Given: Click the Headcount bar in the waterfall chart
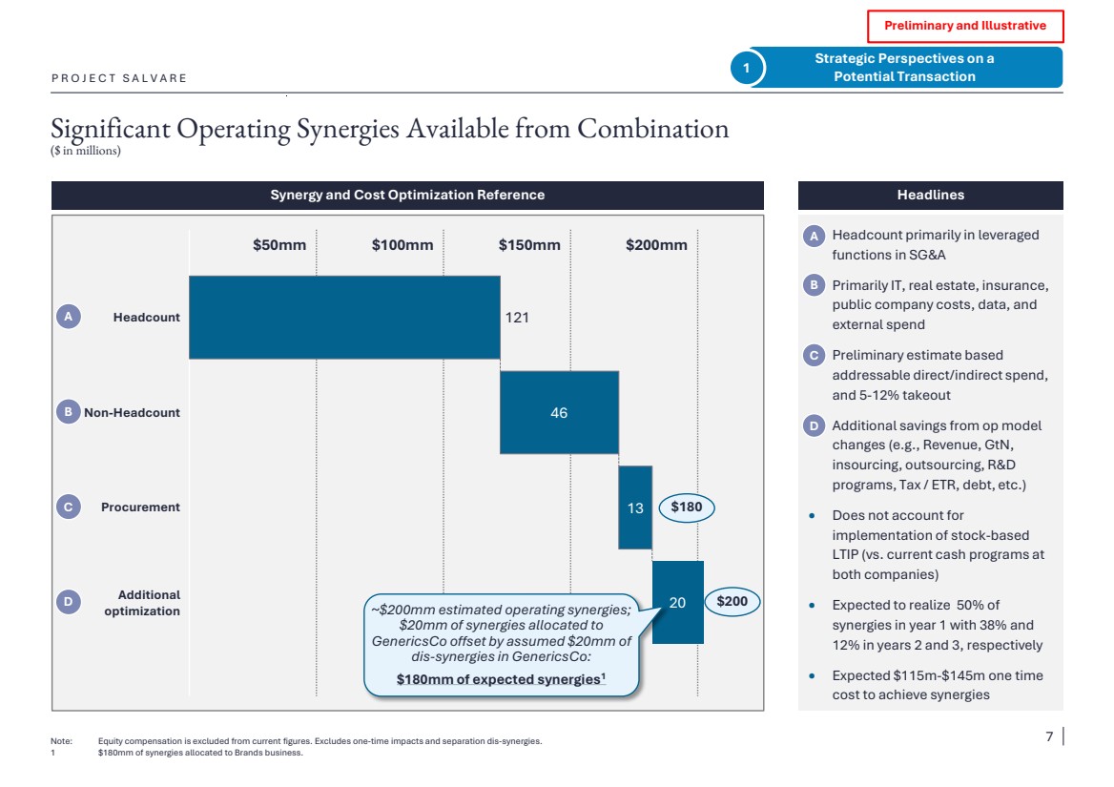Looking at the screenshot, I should pos(344,318).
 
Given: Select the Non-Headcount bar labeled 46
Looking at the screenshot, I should pos(559,412).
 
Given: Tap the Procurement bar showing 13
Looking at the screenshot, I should pos(635,507).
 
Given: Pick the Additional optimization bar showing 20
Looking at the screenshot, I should pos(677,602).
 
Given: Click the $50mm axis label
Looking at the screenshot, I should pos(279,245).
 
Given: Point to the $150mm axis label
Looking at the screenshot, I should pos(529,245).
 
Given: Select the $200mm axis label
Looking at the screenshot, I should pos(656,245).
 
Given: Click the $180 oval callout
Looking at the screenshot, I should pos(686,507).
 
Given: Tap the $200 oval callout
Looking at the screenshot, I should pos(732,602).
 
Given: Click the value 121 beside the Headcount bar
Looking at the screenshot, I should pos(516,317).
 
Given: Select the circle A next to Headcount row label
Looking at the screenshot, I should pos(69,317).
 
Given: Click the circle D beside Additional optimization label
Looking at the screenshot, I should pos(69,602).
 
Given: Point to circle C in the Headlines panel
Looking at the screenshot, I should pos(814,356).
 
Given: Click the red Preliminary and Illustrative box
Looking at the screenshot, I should pos(964,26).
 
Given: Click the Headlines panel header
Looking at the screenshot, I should pos(930,195).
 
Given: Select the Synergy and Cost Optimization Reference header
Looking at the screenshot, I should pos(407,195).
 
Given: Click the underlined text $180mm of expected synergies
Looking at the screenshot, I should pos(501,679).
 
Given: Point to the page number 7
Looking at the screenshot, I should pos(1049,736).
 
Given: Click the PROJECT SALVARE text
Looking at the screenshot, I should pos(119,78).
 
